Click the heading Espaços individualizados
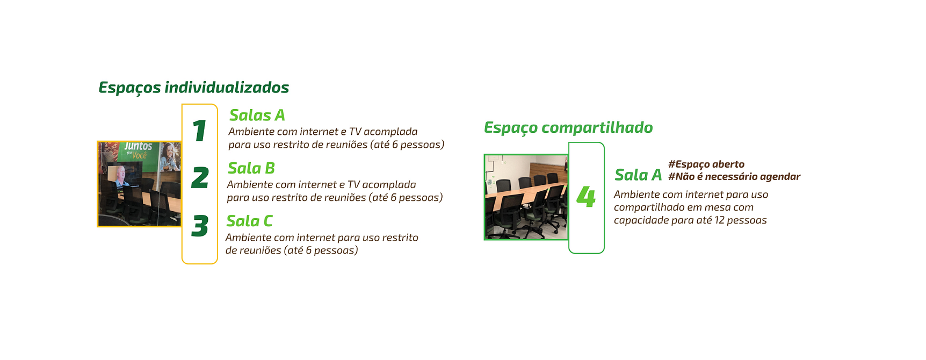[193, 88]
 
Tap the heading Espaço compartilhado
[568, 128]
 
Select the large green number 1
[199, 131]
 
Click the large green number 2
[200, 178]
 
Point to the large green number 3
[200, 226]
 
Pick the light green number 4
[586, 197]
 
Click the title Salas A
[257, 116]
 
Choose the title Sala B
[251, 169]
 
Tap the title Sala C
[249, 221]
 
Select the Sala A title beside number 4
[638, 175]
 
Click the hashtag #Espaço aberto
[706, 164]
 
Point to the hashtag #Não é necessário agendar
[734, 177]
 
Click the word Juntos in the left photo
[138, 147]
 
